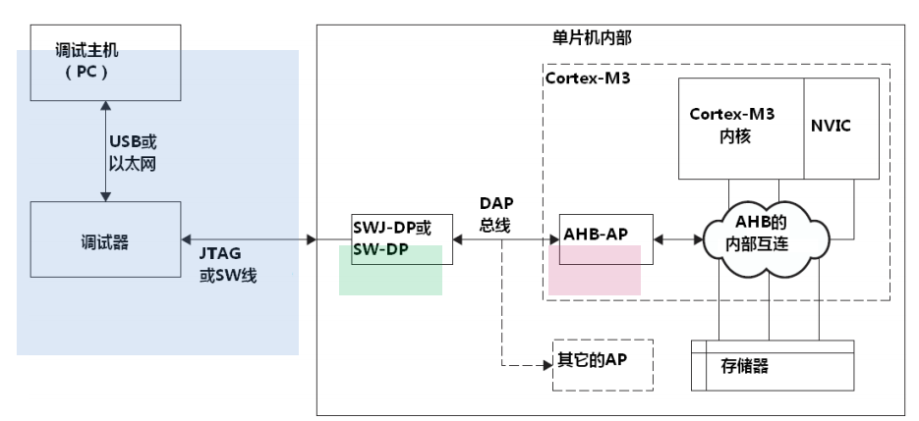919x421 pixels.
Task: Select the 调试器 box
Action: tap(105, 238)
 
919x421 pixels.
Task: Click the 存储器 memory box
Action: tap(773, 366)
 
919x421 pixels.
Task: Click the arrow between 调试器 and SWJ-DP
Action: tap(248, 238)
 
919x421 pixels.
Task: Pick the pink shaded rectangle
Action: tap(595, 270)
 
